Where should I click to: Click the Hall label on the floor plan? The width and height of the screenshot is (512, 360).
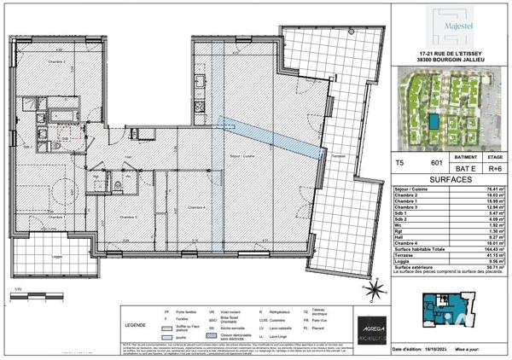coord(128,157)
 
